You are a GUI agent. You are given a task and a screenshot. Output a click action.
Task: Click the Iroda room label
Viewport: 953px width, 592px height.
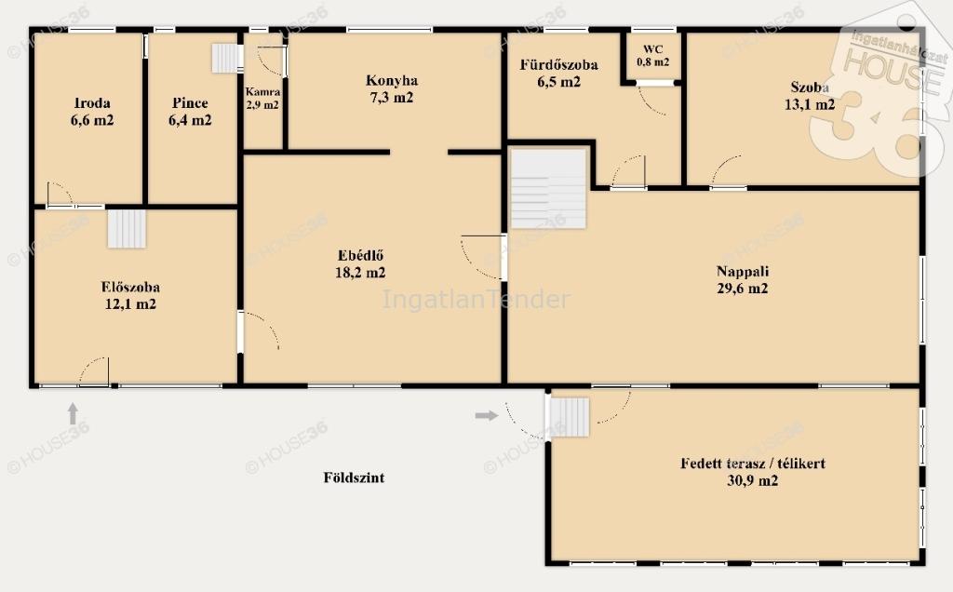pyautogui.click(x=92, y=102)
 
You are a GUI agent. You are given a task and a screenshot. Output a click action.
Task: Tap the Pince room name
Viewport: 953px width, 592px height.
pyautogui.click(x=190, y=102)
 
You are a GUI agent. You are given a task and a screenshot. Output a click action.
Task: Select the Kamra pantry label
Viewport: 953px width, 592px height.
pyautogui.click(x=262, y=92)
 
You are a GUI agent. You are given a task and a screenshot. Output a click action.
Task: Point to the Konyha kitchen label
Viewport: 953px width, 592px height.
pyautogui.click(x=392, y=80)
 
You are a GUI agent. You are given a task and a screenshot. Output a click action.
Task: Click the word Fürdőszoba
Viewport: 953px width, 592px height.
pyautogui.click(x=558, y=64)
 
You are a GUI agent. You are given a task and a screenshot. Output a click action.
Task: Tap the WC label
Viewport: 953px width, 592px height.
pyautogui.click(x=652, y=49)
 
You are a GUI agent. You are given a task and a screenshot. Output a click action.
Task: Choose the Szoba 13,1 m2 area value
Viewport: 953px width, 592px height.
pyautogui.click(x=810, y=104)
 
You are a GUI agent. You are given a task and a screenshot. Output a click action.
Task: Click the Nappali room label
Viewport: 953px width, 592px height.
pyautogui.click(x=742, y=271)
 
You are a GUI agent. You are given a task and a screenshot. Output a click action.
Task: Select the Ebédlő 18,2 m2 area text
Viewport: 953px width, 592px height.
pyautogui.click(x=360, y=273)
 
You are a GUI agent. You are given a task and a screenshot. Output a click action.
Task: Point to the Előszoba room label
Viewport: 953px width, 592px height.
pyautogui.click(x=130, y=287)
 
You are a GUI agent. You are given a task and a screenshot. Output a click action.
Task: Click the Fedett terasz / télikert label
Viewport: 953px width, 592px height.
pyautogui.click(x=752, y=464)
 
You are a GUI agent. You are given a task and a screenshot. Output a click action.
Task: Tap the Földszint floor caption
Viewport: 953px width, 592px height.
pyautogui.click(x=354, y=478)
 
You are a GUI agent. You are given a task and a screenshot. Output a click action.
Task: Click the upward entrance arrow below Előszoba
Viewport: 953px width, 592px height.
pyautogui.click(x=73, y=413)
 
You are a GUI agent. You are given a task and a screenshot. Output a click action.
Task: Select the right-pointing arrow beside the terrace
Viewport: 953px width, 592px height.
pyautogui.click(x=486, y=416)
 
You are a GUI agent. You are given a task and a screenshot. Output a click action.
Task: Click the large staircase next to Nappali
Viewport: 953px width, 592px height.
pyautogui.click(x=547, y=188)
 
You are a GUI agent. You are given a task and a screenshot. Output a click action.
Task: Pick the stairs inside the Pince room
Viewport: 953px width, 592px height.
pyautogui.click(x=227, y=59)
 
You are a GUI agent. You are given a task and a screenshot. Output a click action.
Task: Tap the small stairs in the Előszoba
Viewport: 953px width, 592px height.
pyautogui.click(x=127, y=229)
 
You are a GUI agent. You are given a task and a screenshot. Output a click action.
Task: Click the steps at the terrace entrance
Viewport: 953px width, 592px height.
pyautogui.click(x=570, y=417)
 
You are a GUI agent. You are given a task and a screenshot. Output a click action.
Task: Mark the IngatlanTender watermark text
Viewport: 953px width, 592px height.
pyautogui.click(x=476, y=299)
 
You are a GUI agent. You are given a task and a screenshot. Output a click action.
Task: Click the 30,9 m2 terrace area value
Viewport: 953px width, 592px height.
pyautogui.click(x=752, y=480)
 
